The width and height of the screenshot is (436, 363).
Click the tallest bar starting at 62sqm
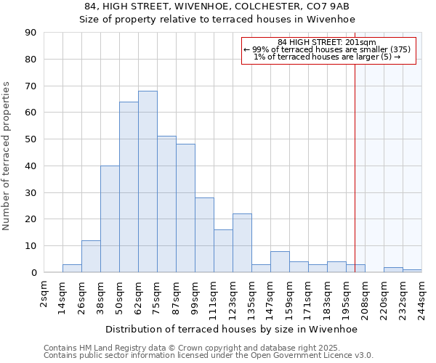coord(148,181)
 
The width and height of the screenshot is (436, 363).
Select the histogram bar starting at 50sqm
coord(129,187)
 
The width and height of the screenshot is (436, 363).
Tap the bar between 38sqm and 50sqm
coord(110,219)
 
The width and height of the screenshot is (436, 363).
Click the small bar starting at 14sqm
coord(72,269)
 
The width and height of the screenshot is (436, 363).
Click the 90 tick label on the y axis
coord(31,33)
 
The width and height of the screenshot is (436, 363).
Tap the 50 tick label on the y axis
coord(31,139)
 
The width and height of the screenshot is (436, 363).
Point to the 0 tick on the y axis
coord(33,272)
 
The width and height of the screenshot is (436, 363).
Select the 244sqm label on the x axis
coord(422,298)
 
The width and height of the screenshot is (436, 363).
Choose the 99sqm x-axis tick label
coord(195,295)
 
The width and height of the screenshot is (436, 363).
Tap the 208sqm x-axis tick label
coord(366,298)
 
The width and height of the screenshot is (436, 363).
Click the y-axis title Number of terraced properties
coord(7,155)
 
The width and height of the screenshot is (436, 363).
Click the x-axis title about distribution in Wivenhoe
coord(232,329)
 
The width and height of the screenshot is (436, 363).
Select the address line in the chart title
coord(217,7)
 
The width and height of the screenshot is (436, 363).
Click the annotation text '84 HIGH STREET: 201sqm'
coord(327,43)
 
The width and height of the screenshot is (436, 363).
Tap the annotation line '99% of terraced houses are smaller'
coord(327,50)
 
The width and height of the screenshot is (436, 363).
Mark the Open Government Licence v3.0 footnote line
coord(209,355)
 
